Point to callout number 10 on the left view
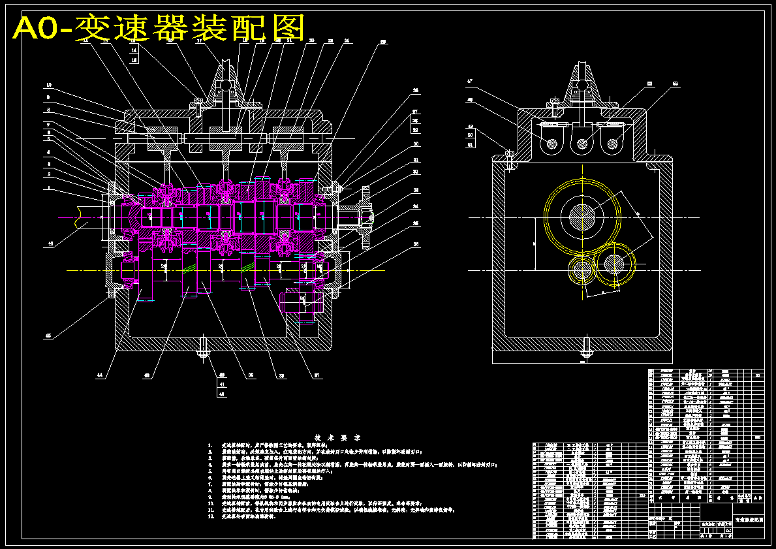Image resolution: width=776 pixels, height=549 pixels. click(48, 86)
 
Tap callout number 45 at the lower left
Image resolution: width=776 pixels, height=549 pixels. click(48, 336)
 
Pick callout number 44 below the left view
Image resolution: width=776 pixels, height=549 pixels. click(100, 375)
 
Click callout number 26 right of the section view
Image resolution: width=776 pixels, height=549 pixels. click(415, 91)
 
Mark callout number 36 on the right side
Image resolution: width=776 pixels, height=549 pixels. click(416, 245)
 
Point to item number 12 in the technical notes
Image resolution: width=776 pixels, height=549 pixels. click(211, 516)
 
